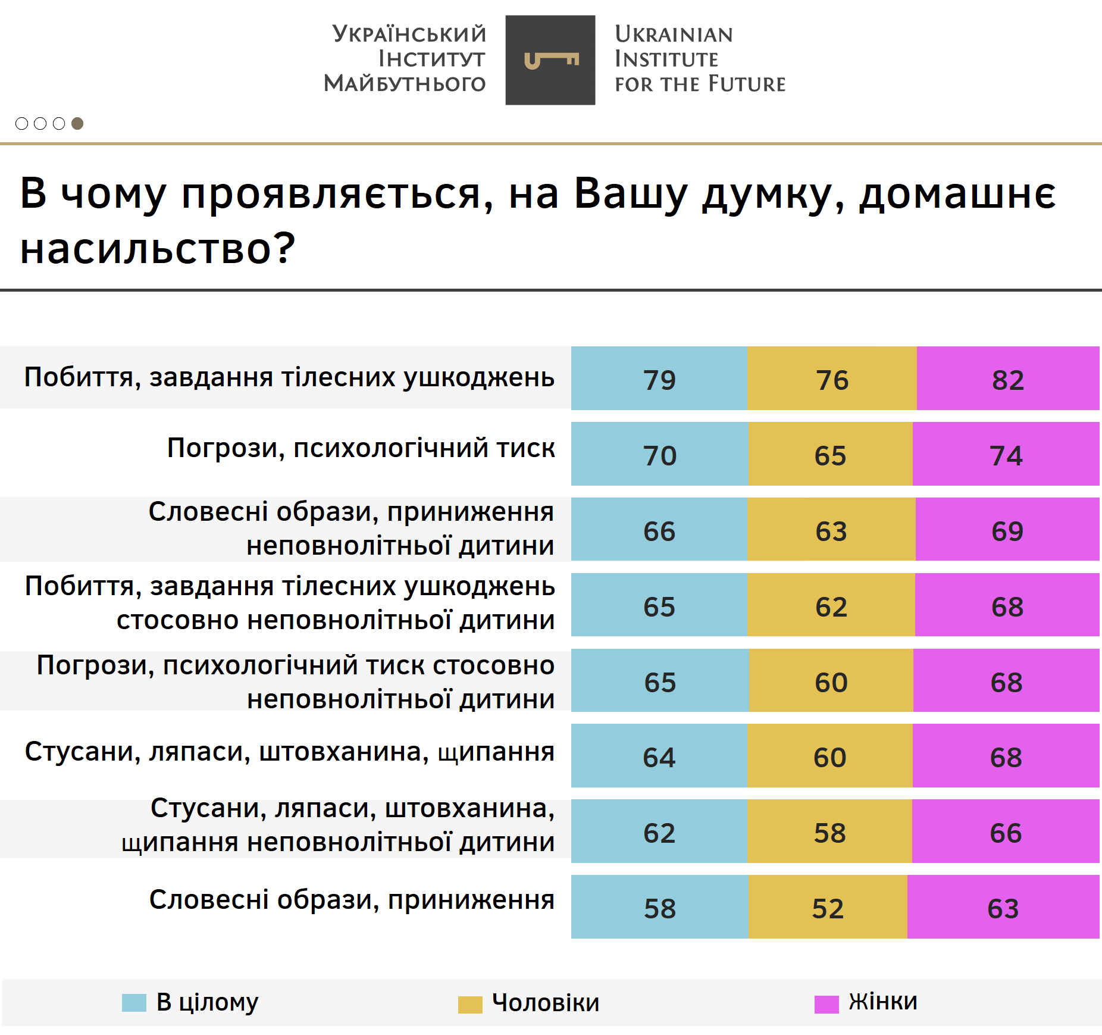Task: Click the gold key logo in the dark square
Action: pos(551,60)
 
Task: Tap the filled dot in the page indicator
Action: pos(77,123)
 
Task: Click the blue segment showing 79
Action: pos(659,379)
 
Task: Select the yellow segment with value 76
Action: pos(831,379)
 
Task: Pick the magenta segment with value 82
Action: pos(1007,379)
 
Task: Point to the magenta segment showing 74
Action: pos(1006,454)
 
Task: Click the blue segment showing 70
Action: pos(659,454)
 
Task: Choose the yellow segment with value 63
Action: pos(831,530)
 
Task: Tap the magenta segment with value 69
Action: pos(1007,530)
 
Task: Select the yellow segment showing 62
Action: pos(831,605)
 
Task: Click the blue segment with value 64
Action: pos(659,756)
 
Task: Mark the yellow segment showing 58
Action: pos(829,831)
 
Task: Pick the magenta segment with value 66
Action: pos(1006,831)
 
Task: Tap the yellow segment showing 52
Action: pos(828,907)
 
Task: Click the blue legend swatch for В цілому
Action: pos(134,1002)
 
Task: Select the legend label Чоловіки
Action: pos(545,1003)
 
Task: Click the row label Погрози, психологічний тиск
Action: pos(361,448)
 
